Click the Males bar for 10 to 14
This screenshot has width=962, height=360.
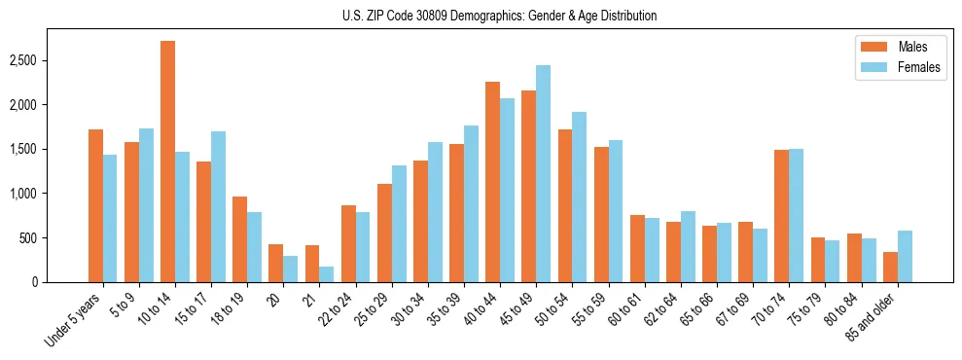point(167,162)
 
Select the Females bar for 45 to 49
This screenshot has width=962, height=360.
point(543,174)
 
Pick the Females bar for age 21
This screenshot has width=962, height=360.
point(327,274)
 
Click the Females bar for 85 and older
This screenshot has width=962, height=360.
point(905,256)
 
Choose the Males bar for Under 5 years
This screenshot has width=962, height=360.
point(95,205)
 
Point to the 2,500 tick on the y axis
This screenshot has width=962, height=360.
point(24,60)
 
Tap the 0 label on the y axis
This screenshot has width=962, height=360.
point(34,282)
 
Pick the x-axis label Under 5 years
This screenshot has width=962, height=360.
point(74,320)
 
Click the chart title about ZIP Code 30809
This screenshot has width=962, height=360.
point(499,16)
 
